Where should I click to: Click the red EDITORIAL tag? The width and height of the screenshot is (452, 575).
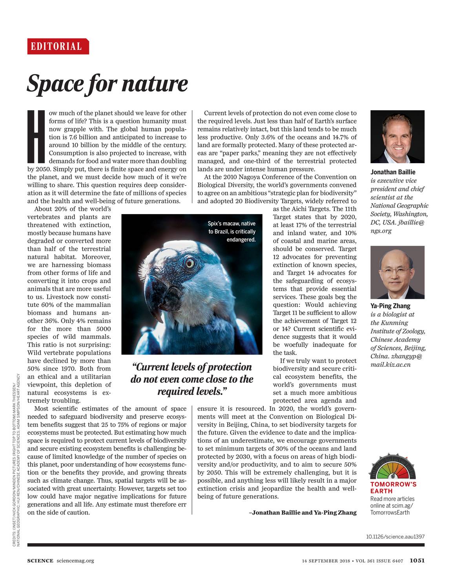coord(58,46)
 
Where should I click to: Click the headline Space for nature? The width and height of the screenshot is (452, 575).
coord(107,84)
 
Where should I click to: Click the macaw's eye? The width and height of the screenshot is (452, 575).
coord(190,264)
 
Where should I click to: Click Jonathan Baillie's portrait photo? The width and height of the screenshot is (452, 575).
coord(397,136)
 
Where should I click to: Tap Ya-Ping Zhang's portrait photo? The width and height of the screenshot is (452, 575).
coord(397,272)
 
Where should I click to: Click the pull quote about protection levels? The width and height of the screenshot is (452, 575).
coord(192,379)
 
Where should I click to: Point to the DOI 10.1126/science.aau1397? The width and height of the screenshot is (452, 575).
coord(395,536)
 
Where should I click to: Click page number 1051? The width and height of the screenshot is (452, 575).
coord(417,560)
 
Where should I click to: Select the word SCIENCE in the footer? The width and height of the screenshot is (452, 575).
coord(40,560)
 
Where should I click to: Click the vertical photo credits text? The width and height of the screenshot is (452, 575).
coord(16,463)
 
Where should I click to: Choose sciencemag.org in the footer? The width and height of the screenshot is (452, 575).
coord(75,560)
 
